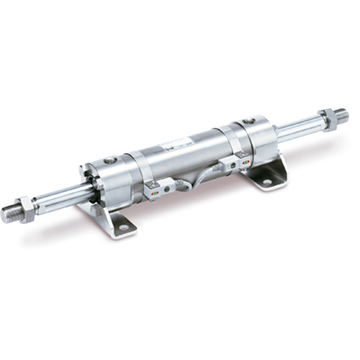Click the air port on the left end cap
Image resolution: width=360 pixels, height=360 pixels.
(x=110, y=160)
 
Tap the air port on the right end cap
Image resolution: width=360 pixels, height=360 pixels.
(x=247, y=120)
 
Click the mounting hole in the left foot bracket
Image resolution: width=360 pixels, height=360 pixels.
(x=122, y=228)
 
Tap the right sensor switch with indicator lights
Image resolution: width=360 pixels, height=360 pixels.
(x=235, y=162)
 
